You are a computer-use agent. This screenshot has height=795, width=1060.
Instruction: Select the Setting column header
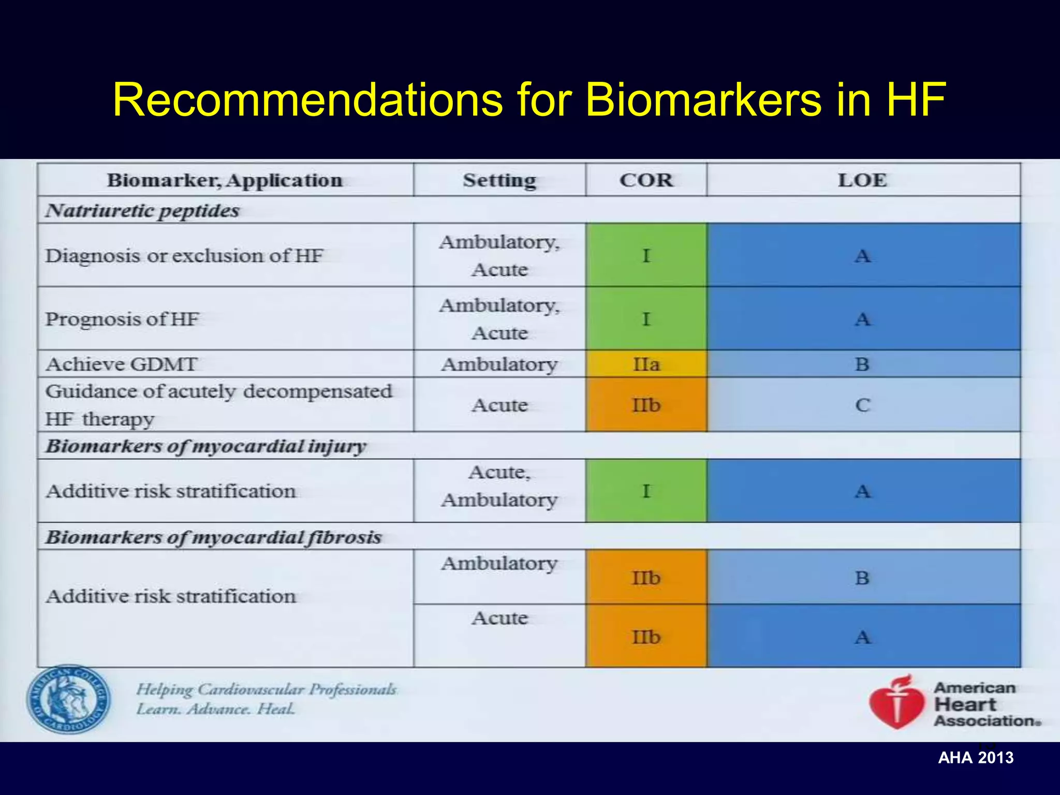[x=499, y=180]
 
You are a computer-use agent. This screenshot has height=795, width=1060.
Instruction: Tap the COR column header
[x=646, y=180]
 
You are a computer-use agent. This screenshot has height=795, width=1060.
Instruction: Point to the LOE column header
[x=862, y=180]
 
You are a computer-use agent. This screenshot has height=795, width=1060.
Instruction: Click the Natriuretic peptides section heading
[x=142, y=211]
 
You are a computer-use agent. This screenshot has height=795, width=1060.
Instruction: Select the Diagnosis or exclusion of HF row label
[x=184, y=256]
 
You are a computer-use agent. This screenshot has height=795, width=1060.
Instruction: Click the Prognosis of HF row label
[x=122, y=319]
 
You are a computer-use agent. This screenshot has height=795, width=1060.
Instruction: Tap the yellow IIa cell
[x=646, y=364]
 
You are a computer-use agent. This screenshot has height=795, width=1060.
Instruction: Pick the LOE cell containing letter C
[x=862, y=405]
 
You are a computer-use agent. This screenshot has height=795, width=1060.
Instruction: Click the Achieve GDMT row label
[x=122, y=364]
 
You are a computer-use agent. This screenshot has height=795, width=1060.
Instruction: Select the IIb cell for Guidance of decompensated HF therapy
[x=646, y=405]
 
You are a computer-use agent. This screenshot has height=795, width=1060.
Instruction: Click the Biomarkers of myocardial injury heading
[x=206, y=446]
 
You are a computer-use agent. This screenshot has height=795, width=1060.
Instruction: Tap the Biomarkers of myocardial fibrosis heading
[x=213, y=537]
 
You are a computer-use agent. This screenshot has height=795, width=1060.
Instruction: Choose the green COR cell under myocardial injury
[x=646, y=491]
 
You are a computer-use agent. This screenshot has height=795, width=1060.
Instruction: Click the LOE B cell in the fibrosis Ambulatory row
[x=862, y=578]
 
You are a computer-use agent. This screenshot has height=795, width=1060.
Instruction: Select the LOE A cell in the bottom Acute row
[x=862, y=637]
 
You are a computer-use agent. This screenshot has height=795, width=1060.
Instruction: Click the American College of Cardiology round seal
[x=68, y=699]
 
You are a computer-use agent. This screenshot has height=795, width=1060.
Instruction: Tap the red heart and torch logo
[x=897, y=703]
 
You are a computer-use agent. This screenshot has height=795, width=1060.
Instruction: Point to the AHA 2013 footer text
[x=976, y=758]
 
